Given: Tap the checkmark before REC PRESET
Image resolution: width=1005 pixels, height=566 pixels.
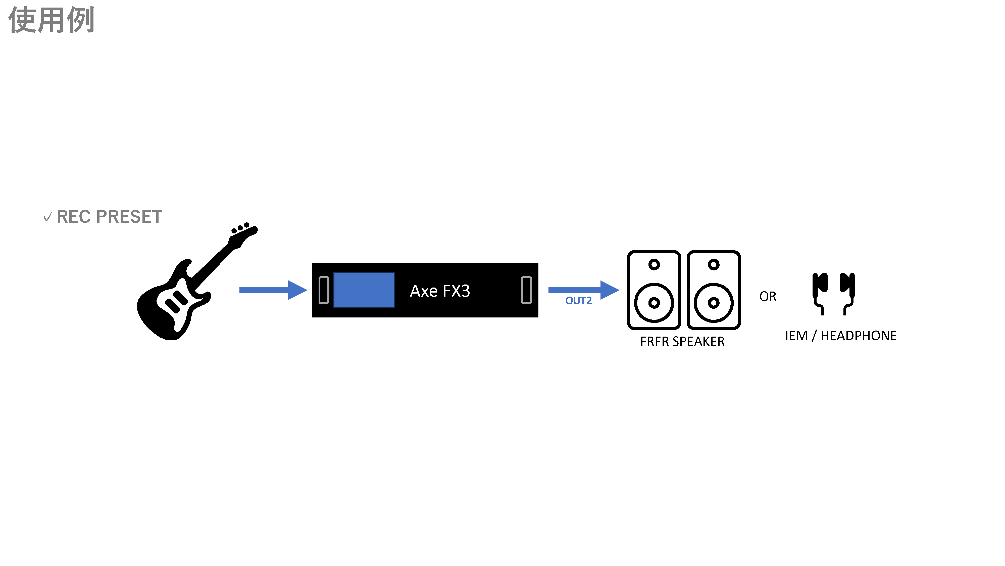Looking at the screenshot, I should (x=47, y=217).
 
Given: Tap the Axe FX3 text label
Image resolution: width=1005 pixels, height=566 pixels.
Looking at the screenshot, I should (x=440, y=291).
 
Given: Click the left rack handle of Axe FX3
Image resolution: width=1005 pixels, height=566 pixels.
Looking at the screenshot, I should (x=324, y=290).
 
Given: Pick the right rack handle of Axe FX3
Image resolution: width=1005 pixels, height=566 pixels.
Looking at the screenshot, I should (x=526, y=290).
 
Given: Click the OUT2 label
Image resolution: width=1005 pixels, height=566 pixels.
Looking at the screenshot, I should (x=578, y=301).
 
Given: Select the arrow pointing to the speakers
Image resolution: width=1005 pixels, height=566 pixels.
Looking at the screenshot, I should (x=583, y=290).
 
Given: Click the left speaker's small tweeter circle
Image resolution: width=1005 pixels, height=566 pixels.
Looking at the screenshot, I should (x=654, y=264).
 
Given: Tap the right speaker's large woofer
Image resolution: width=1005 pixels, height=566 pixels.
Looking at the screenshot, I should (x=714, y=303).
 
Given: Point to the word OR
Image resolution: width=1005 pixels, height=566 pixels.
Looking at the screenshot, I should (x=767, y=297).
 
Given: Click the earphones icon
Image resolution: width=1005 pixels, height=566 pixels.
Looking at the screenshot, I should (x=833, y=293).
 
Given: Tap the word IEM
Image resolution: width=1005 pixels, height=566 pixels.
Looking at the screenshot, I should (x=796, y=336).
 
